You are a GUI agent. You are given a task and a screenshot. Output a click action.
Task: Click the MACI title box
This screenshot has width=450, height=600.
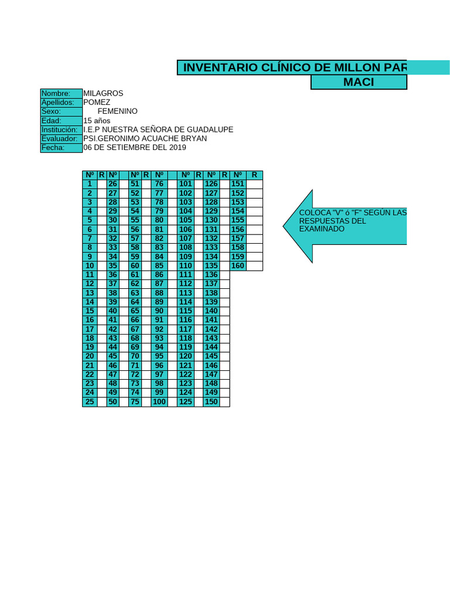(x=359, y=82)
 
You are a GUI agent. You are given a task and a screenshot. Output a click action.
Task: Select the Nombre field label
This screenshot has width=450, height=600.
(x=61, y=93)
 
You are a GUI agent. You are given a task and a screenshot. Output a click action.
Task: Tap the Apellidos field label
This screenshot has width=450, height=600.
(x=61, y=102)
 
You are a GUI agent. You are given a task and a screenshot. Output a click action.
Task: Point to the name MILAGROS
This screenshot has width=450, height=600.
(x=103, y=93)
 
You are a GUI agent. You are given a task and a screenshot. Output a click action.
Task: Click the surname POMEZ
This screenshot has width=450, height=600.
(x=97, y=102)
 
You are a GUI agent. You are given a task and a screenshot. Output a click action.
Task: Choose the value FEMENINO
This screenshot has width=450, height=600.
(x=117, y=111)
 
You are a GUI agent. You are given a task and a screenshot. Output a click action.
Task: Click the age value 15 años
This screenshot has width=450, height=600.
(x=97, y=120)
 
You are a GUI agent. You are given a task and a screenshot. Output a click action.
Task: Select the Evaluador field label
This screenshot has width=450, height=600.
(x=61, y=138)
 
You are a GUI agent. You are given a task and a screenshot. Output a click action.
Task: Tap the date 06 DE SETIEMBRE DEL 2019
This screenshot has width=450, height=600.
(x=135, y=148)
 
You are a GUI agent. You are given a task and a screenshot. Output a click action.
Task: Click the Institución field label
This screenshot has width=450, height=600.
(x=61, y=129)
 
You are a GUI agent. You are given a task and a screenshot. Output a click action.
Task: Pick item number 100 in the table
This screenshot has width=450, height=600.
(x=159, y=401)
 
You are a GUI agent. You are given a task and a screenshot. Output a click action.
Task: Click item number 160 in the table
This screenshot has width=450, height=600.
(x=238, y=266)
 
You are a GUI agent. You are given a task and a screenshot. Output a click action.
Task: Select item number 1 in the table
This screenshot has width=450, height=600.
(x=90, y=184)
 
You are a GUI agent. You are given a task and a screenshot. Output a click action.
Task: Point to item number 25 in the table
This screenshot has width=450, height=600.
(x=90, y=401)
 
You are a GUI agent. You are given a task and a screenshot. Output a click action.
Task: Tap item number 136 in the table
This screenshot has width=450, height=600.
(x=212, y=275)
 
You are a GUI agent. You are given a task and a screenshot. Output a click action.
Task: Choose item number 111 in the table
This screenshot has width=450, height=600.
(x=186, y=275)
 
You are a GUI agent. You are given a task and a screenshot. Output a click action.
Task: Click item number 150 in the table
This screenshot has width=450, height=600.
(x=212, y=401)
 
